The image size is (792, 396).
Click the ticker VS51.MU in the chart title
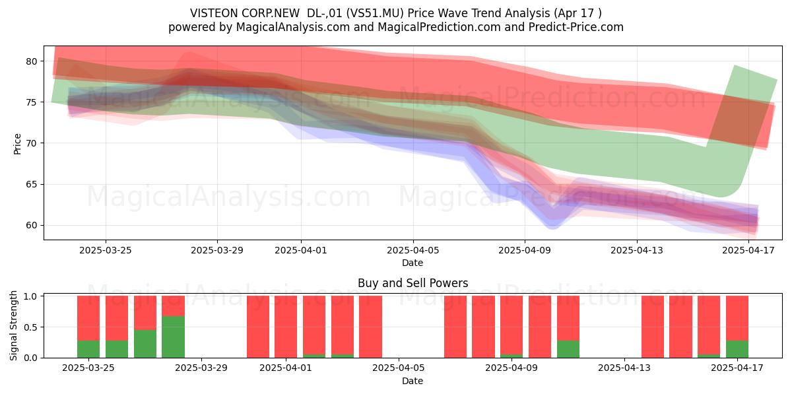[x=375, y=13]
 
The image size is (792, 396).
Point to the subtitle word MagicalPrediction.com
[x=439, y=27]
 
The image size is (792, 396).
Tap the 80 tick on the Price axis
[x=32, y=61]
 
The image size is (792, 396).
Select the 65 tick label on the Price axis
[x=32, y=185]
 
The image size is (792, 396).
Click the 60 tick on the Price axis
[x=32, y=226]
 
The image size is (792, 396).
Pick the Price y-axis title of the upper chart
[x=17, y=144]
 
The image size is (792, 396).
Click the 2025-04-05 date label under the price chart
[x=412, y=250]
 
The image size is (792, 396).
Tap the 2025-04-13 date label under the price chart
[x=637, y=250]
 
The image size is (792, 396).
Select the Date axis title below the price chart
[x=412, y=263]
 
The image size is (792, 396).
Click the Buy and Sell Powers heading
[x=412, y=283]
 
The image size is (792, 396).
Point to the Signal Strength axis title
[x=13, y=325]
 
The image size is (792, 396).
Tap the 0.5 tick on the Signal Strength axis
[x=30, y=327]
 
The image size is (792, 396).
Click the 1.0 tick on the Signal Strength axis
[x=30, y=296]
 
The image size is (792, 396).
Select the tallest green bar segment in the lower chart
[x=173, y=337]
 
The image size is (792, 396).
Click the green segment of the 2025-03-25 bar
[x=88, y=349]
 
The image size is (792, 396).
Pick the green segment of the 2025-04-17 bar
[x=737, y=349]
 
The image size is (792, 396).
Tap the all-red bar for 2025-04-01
[x=286, y=327]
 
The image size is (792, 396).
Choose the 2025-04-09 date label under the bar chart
[x=511, y=368]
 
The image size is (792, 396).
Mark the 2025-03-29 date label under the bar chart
[x=201, y=368]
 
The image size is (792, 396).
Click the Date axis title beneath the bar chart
[x=412, y=381]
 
